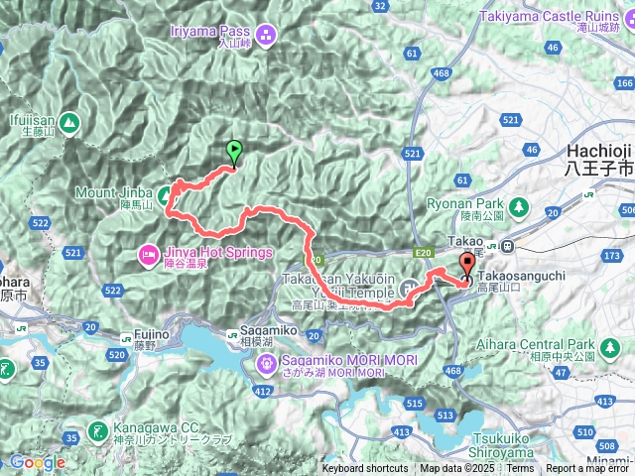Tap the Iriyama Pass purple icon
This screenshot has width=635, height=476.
pos(265,37)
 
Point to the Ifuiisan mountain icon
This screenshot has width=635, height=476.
pos(68,123)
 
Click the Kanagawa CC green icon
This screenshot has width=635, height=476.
pos(96,430)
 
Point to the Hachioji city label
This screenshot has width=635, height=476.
pos(598,150)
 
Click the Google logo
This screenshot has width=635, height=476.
pos(38,462)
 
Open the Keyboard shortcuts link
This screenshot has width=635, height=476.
pos(364,469)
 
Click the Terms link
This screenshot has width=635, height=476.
pos(520,469)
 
